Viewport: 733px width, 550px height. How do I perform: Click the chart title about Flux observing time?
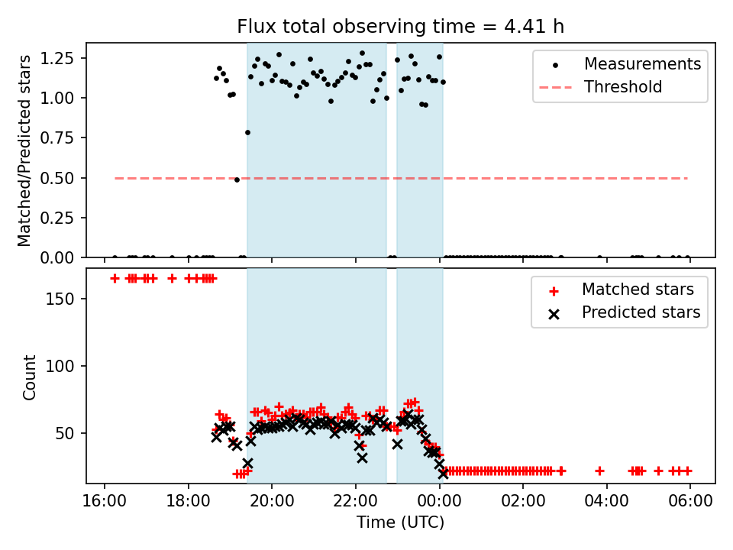[400, 27]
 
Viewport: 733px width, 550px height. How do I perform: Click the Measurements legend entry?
[642, 64]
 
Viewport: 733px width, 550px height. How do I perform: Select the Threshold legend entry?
[623, 87]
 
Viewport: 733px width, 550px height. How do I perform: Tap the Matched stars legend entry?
[638, 290]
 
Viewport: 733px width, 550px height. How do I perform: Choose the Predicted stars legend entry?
[641, 312]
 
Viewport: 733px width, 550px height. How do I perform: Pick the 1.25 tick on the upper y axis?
[58, 58]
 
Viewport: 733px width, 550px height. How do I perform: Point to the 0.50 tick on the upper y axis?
[58, 178]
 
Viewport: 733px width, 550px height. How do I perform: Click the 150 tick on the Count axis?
[65, 299]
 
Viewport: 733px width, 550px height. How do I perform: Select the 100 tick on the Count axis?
[65, 366]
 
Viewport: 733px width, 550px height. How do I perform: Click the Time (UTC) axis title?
[400, 523]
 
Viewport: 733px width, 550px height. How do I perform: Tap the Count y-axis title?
[30, 377]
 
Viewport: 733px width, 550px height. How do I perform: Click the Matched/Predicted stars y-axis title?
[25, 150]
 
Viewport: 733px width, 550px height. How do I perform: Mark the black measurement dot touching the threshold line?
[237, 180]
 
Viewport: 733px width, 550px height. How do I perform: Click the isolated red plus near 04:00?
[599, 471]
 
